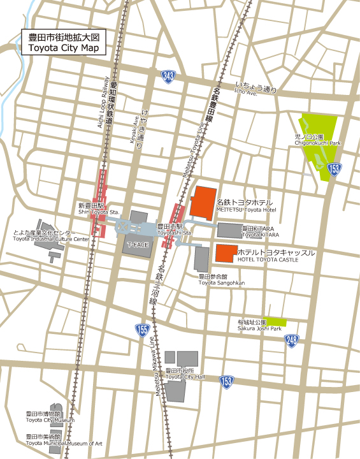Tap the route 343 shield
click(x=168, y=76)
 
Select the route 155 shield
click(x=142, y=329)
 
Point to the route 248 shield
click(x=292, y=340)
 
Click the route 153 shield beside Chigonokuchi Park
click(x=335, y=169)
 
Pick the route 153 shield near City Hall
click(x=227, y=381)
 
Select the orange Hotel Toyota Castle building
click(x=226, y=252)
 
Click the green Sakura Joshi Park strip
click(x=276, y=322)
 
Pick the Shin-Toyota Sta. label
click(x=99, y=212)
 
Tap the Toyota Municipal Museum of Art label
click(x=64, y=443)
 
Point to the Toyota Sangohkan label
click(x=220, y=282)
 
